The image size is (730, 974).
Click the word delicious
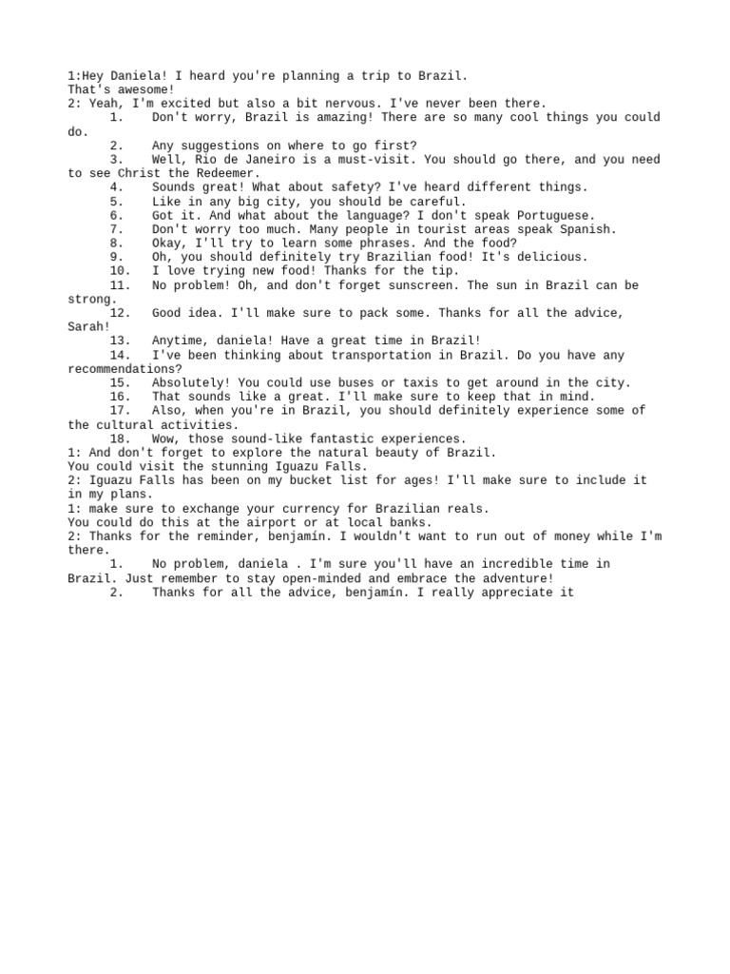tap(554, 257)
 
